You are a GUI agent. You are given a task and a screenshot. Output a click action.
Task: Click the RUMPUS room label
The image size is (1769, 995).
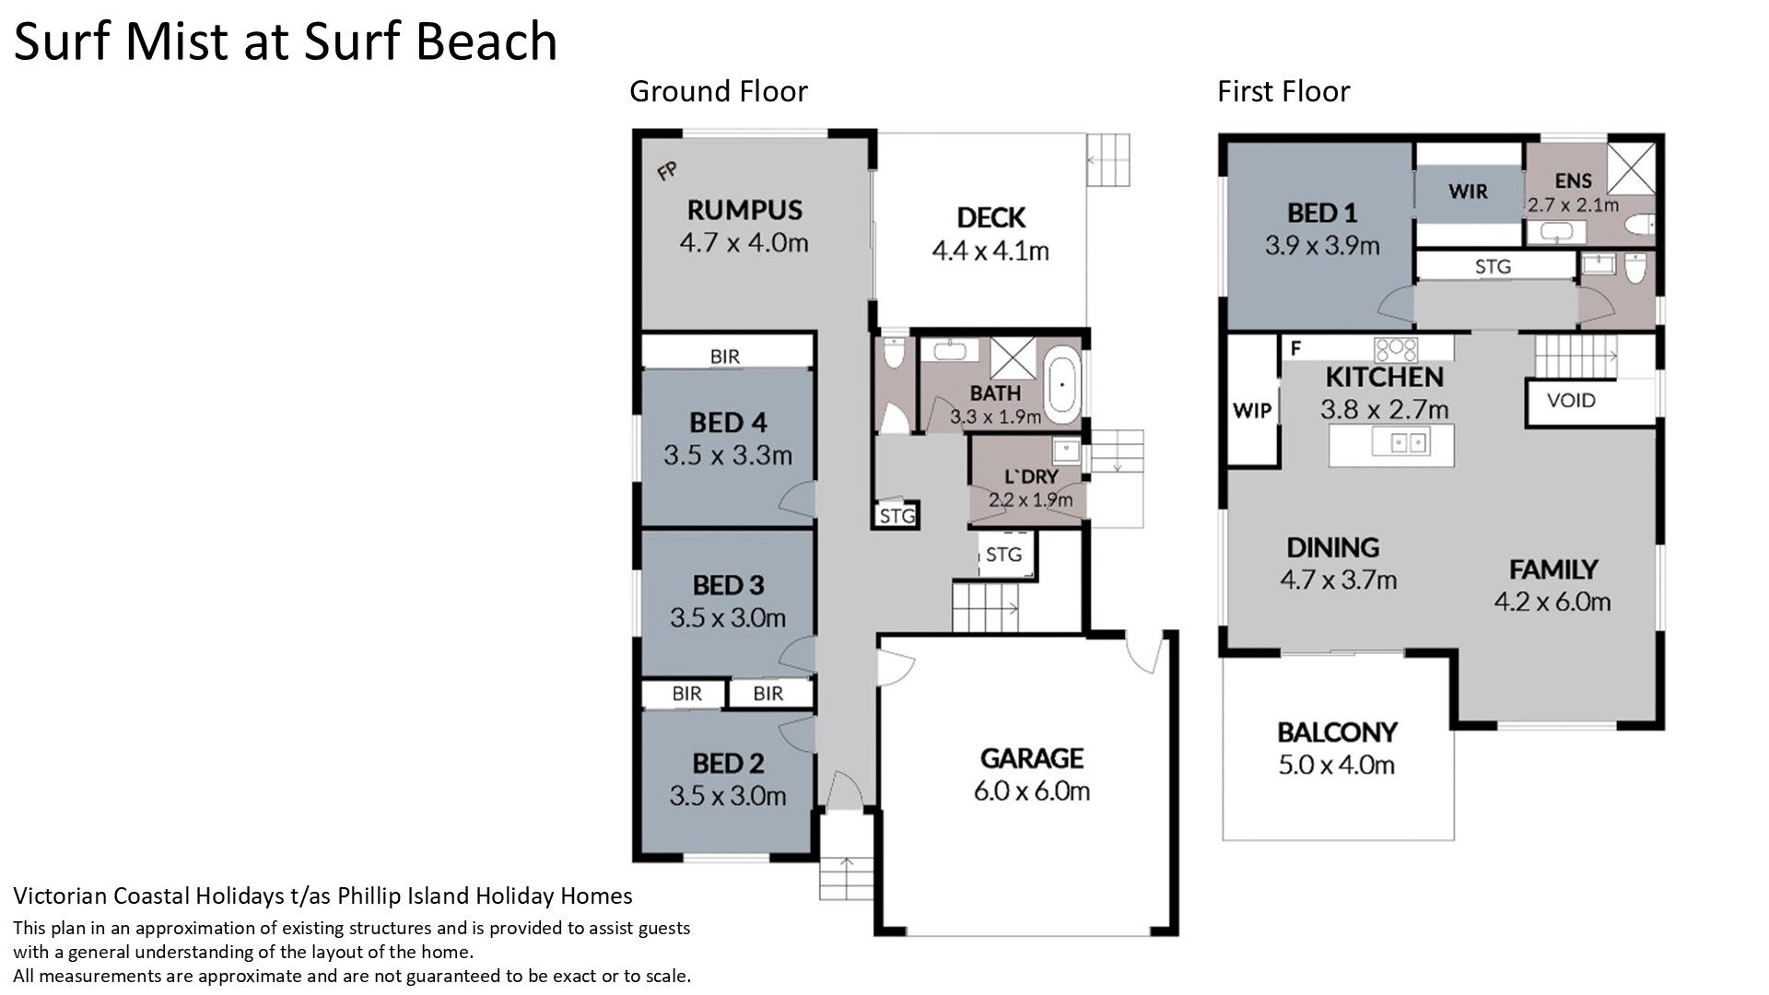click(744, 210)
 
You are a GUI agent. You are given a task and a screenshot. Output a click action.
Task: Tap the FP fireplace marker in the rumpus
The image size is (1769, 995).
click(667, 170)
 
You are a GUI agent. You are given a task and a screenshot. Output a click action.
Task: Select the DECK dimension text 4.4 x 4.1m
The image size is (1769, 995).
click(990, 251)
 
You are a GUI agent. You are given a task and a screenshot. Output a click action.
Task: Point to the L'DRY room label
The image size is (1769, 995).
click(1031, 477)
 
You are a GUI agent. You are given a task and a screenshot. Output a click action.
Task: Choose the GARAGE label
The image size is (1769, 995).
click(1031, 758)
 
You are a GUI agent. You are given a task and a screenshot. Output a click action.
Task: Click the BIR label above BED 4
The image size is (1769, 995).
click(725, 356)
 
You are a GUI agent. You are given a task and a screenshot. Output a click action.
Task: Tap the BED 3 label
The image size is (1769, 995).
click(728, 585)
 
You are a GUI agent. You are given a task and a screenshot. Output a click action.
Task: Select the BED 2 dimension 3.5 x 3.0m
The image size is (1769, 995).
click(728, 795)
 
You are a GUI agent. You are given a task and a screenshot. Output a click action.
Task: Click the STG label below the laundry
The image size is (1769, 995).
click(1003, 555)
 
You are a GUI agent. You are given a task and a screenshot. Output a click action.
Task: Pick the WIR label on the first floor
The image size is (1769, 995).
click(1468, 192)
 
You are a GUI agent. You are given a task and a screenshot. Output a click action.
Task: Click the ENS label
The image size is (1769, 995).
click(1574, 181)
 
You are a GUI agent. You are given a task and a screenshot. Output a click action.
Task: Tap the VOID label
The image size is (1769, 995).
click(1571, 401)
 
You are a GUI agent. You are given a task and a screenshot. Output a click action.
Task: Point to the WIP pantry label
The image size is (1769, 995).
click(1252, 411)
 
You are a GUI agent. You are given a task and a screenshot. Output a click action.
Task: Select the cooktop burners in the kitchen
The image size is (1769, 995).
click(1396, 349)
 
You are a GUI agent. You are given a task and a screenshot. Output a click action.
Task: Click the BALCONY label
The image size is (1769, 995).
click(1337, 732)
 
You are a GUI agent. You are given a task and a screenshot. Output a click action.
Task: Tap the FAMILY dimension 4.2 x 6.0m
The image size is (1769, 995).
click(1552, 602)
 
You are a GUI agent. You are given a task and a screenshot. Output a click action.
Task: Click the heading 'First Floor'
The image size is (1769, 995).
click(1283, 91)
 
